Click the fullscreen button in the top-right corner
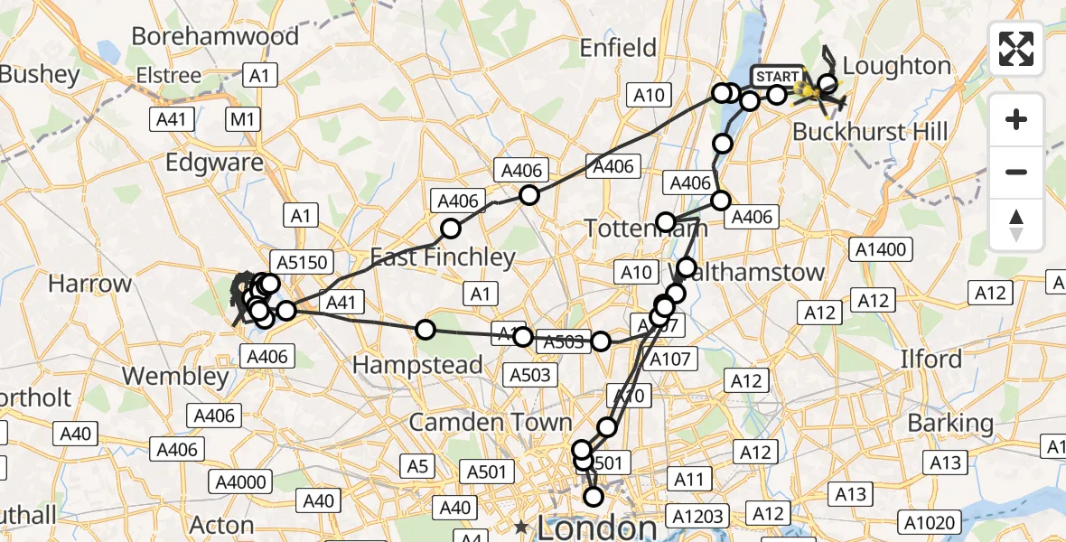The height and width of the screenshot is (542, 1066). coord(1016,49)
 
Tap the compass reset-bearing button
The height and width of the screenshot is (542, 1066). coord(1016,225)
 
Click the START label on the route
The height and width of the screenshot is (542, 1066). coord(776,76)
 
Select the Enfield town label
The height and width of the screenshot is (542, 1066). coord(617,47)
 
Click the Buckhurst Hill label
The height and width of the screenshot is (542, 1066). coord(870,132)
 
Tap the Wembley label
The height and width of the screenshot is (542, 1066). coord(175,376)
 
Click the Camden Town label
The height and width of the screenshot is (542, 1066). coord(491,422)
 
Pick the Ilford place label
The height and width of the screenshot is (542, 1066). coord(930,359)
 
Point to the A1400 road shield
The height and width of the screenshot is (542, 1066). coord(884,249)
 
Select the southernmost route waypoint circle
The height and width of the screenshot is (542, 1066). coord(594,497)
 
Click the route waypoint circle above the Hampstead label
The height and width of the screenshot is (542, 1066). coord(425,330)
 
